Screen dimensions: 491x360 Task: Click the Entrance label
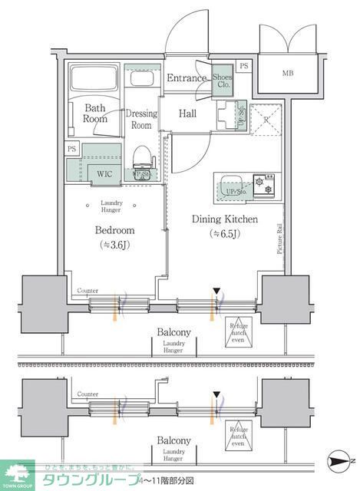pyautogui.click(x=187, y=78)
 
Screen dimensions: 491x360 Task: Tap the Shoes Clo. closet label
pyautogui.click(x=223, y=80)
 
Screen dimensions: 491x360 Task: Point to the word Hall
pyautogui.click(x=187, y=114)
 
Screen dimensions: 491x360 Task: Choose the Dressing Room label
pyautogui.click(x=141, y=120)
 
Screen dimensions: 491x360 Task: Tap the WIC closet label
pyautogui.click(x=104, y=173)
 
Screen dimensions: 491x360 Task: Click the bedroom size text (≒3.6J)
pyautogui.click(x=115, y=245)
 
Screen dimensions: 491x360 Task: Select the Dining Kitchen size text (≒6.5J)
pyautogui.click(x=224, y=235)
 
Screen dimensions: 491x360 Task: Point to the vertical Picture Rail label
pyautogui.click(x=280, y=237)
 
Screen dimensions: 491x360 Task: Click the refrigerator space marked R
pyautogui.click(x=265, y=119)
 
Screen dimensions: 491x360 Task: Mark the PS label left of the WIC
pyautogui.click(x=71, y=148)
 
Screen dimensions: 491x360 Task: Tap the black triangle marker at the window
pyautogui.click(x=217, y=291)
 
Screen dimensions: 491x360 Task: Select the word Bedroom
pyautogui.click(x=115, y=230)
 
